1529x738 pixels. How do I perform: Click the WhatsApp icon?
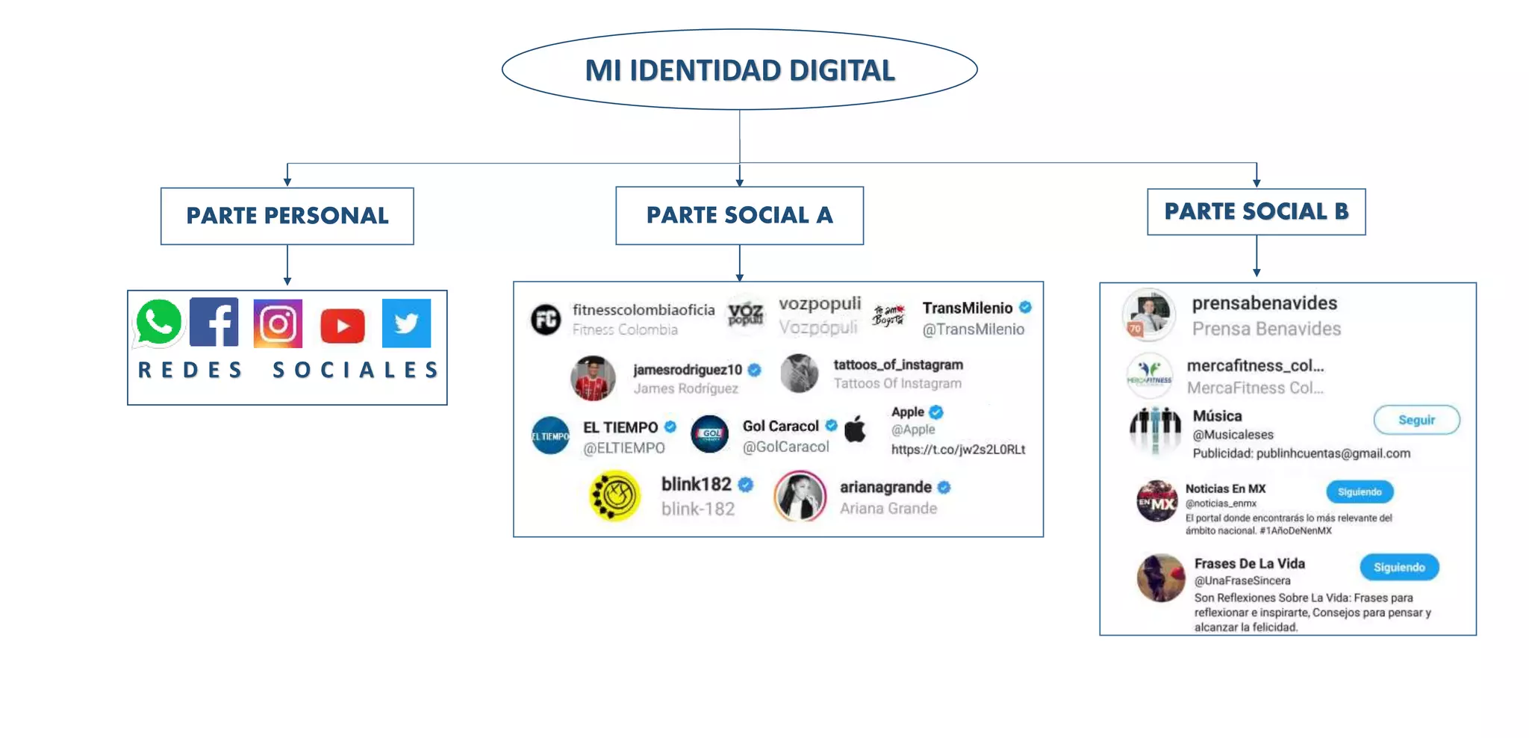[158, 323]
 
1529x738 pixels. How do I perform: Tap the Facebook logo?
[214, 323]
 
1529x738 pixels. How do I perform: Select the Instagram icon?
[278, 323]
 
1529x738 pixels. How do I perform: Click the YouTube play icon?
[343, 326]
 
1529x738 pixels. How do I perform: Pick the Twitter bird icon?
[406, 323]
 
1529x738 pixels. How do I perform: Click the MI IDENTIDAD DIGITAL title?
[739, 70]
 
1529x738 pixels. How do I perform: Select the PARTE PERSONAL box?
[287, 216]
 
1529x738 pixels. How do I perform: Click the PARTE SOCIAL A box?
[739, 215]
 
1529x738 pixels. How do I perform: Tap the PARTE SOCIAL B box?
[1256, 211]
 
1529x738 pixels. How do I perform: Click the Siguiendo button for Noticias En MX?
[1360, 492]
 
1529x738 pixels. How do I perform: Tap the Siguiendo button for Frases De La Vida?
[1399, 567]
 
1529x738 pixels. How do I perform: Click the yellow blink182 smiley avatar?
[615, 495]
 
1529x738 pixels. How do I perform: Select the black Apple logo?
[856, 429]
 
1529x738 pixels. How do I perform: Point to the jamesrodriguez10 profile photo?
[593, 377]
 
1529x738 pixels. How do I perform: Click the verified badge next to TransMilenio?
[1025, 307]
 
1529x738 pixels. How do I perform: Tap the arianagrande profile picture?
[800, 496]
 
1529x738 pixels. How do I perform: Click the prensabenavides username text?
[1264, 303]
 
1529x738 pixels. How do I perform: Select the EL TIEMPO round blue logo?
[550, 435]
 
